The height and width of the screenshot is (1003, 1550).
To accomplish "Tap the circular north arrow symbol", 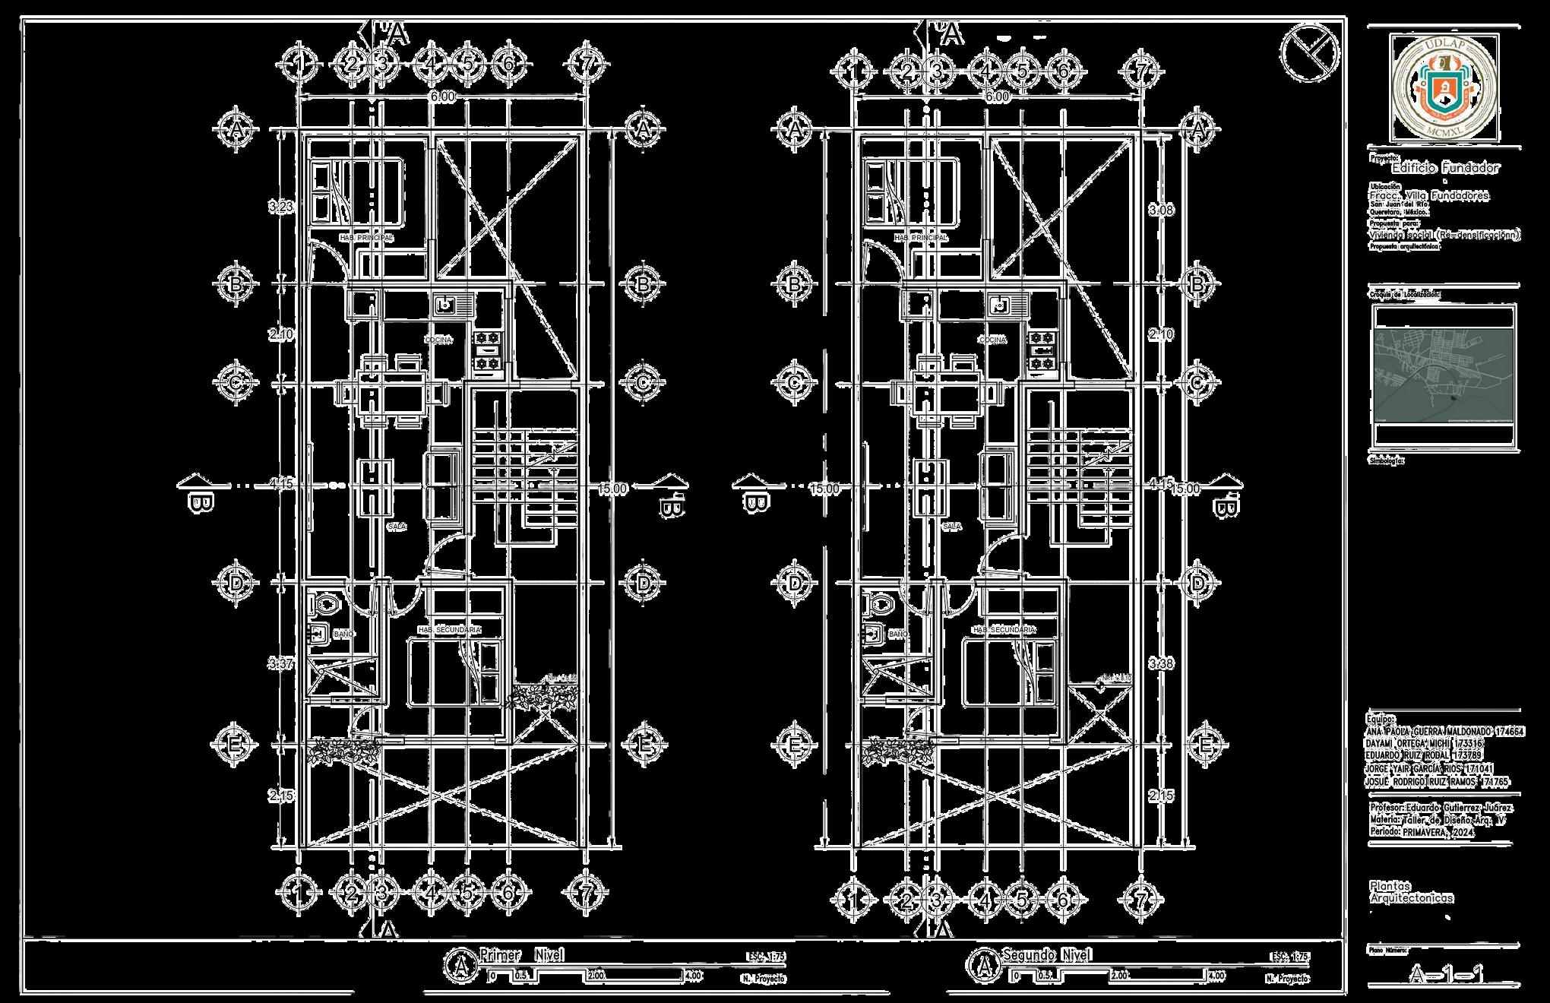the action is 1308,52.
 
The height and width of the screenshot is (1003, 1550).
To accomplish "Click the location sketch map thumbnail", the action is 1444,375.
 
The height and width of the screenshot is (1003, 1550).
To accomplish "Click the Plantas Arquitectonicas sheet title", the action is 1411,892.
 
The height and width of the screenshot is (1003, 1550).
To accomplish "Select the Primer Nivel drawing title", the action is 521,955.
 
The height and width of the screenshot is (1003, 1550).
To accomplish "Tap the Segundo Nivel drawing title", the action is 1047,955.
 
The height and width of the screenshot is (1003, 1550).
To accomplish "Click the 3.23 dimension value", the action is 281,207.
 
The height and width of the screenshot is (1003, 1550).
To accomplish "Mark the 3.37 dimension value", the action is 281,664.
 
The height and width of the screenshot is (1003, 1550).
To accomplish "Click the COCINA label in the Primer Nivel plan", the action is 438,340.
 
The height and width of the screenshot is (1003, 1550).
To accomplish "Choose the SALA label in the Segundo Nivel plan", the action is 951,526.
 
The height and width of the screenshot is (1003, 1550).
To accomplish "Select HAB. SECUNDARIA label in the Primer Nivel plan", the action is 449,630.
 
